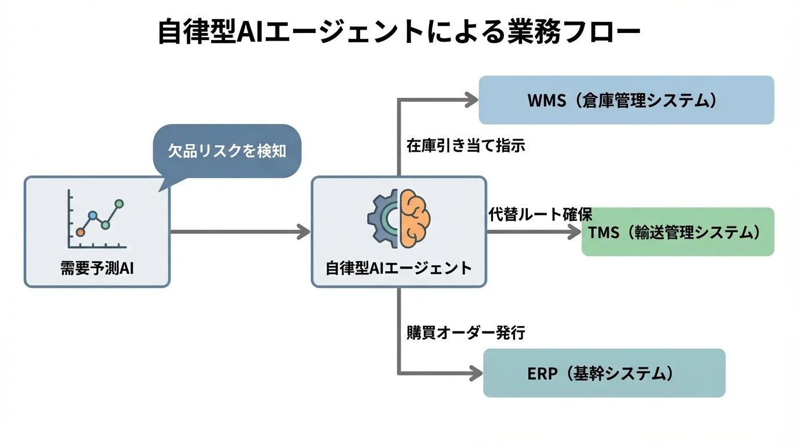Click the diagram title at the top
(399, 32)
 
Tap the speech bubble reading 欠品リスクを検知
(227, 151)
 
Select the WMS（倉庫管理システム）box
(626, 100)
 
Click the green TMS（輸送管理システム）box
(677, 232)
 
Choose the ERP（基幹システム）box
(604, 373)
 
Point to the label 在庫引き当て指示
(465, 145)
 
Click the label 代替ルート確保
(539, 215)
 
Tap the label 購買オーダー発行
(465, 333)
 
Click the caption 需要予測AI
(97, 268)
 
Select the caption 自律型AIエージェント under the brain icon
(398, 268)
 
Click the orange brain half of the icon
(414, 218)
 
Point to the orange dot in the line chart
(81, 232)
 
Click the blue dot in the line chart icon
(93, 216)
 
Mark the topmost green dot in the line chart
(119, 204)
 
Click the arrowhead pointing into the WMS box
(472, 100)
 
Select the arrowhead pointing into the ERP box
(477, 373)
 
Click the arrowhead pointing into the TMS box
(575, 232)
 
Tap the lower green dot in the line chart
(106, 225)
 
